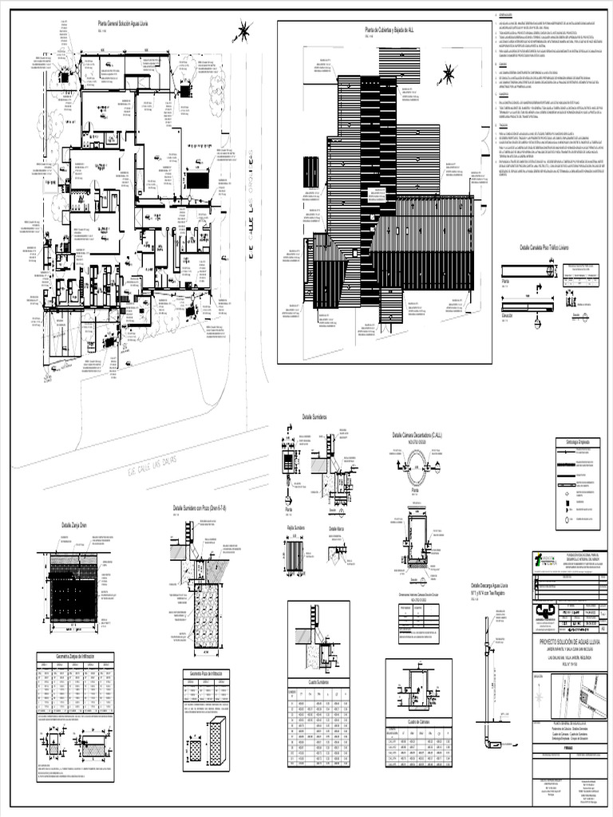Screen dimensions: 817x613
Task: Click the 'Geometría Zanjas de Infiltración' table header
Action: pos(76,655)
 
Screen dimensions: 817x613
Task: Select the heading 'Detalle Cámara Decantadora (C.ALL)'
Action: pos(417,436)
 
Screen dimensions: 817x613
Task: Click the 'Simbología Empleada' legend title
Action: pos(571,441)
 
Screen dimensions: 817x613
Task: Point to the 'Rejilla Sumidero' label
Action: pos(297,528)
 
